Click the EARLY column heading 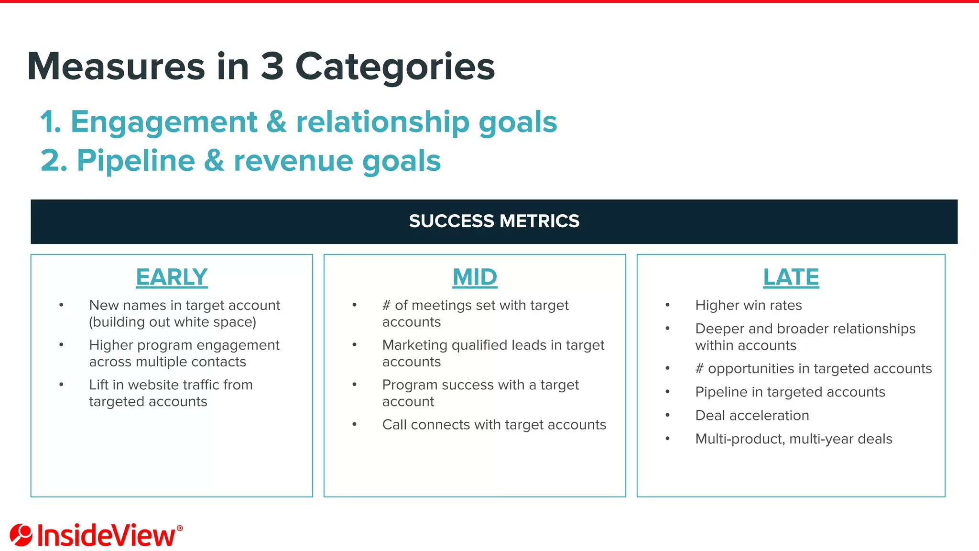pos(172,277)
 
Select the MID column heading pos(475,277)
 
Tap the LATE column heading pos(791,277)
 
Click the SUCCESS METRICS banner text pos(494,221)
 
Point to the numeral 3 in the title pos(272,66)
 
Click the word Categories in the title pos(395,67)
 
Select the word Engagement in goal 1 pos(164,122)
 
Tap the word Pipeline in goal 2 pos(136,161)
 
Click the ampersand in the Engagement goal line pos(276,122)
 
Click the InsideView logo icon pos(21,535)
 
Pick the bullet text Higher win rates pos(748,305)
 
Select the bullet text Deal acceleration pos(752,415)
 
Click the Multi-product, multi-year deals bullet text pos(794,439)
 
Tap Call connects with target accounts pos(494,425)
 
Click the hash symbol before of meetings pos(386,305)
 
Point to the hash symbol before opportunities pos(699,369)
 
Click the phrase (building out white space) pos(173,322)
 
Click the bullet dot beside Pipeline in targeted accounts pos(667,392)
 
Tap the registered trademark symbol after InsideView pos(180,528)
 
